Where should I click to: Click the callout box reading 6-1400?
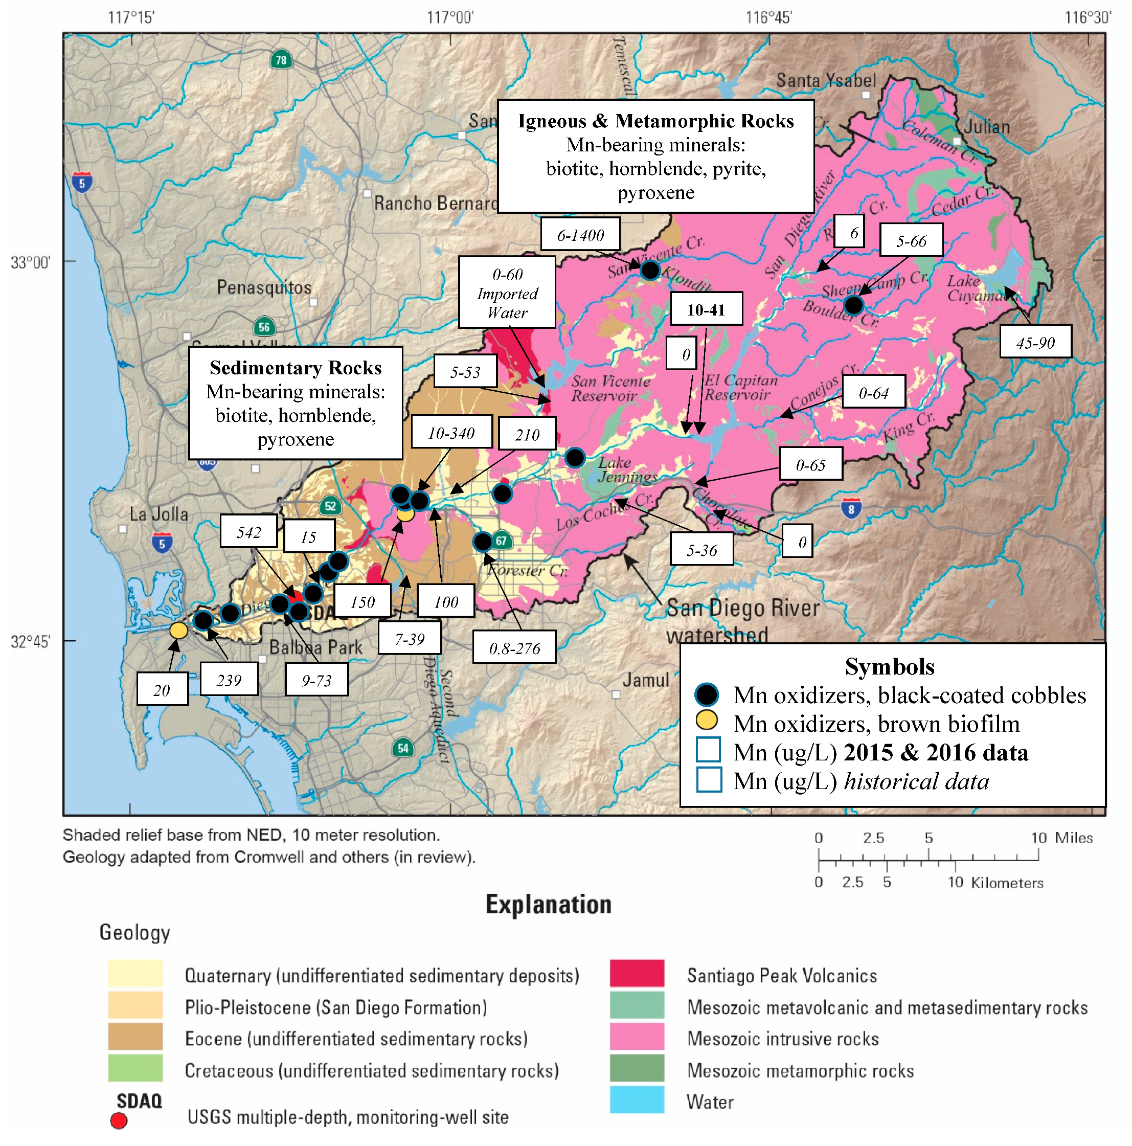(x=579, y=234)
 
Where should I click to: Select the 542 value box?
(x=248, y=531)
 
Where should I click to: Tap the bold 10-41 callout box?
(x=705, y=309)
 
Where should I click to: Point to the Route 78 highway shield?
(x=281, y=59)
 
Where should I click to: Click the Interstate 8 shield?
(x=850, y=508)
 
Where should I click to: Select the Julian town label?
(x=986, y=126)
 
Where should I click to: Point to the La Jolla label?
(x=159, y=514)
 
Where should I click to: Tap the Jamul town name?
(x=645, y=679)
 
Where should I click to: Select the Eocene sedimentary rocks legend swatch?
(x=135, y=1037)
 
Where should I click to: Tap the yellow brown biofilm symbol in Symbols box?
(x=706, y=721)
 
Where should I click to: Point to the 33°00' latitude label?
(x=30, y=262)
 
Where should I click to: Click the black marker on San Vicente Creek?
(x=650, y=271)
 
